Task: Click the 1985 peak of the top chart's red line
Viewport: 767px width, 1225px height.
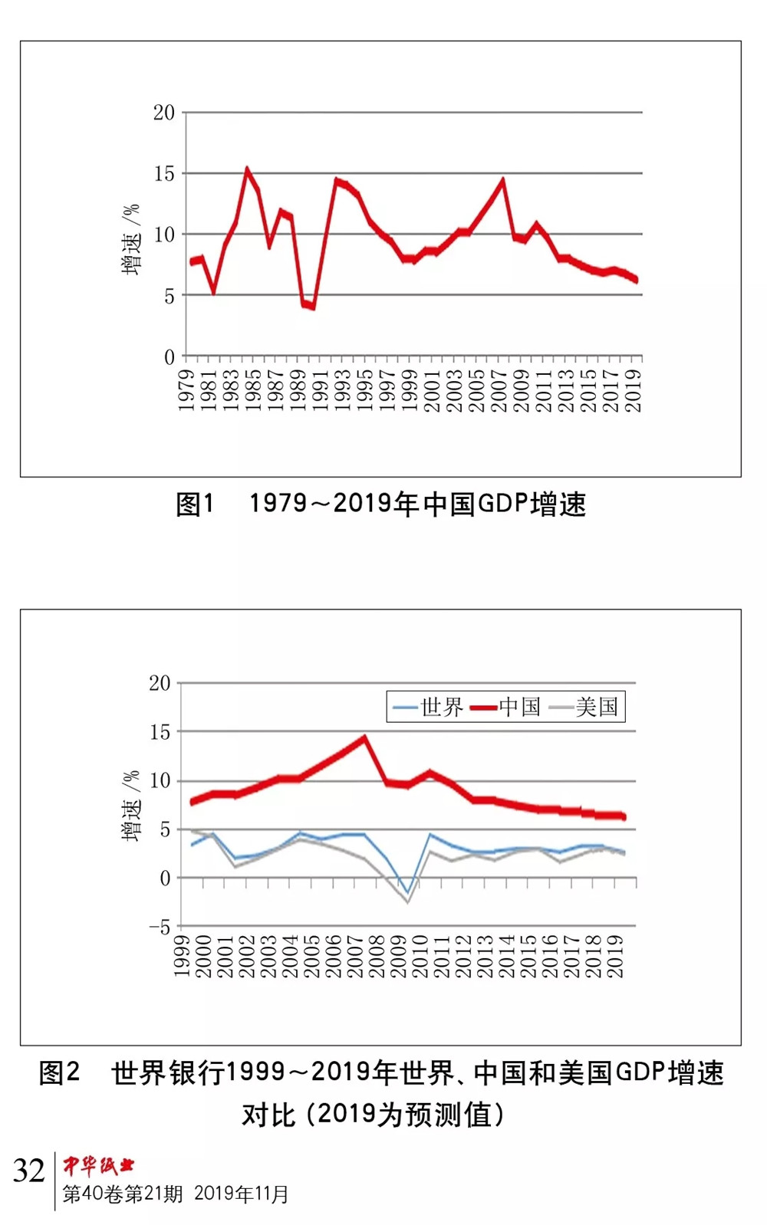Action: (247, 169)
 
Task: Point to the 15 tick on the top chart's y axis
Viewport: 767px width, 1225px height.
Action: (164, 174)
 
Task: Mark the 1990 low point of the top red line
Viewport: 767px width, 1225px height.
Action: (312, 307)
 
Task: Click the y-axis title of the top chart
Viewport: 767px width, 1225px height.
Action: (132, 238)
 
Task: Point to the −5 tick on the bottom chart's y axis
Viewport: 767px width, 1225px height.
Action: (160, 928)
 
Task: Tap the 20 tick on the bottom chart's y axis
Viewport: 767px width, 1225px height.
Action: (160, 683)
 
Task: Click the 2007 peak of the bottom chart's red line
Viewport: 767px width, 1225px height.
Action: (364, 738)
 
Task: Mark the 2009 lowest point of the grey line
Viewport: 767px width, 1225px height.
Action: (408, 902)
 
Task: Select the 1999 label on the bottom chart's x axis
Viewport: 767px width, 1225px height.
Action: (182, 957)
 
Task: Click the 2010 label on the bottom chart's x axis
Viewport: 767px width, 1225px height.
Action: (420, 957)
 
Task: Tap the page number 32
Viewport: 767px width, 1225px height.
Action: (29, 1171)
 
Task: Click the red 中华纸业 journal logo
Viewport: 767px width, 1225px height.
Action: (98, 1166)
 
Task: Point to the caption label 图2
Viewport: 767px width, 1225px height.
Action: (59, 1072)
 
